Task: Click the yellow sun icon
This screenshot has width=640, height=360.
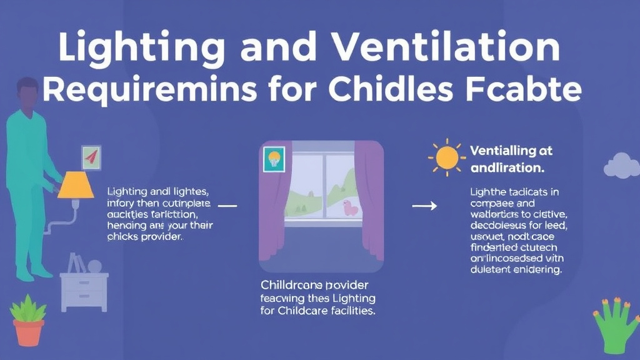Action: [x=447, y=157]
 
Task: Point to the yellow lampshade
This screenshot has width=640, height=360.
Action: [x=76, y=186]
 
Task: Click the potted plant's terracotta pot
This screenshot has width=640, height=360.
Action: [x=29, y=331]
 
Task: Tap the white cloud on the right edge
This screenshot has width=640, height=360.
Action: [x=622, y=165]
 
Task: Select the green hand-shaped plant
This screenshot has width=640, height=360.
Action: [x=615, y=322]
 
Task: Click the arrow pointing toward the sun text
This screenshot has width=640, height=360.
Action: [x=425, y=206]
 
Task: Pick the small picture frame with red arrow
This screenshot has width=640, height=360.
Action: [x=91, y=156]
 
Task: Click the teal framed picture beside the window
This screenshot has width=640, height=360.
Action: [x=274, y=159]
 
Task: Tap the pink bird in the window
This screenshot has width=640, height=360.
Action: [x=351, y=208]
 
